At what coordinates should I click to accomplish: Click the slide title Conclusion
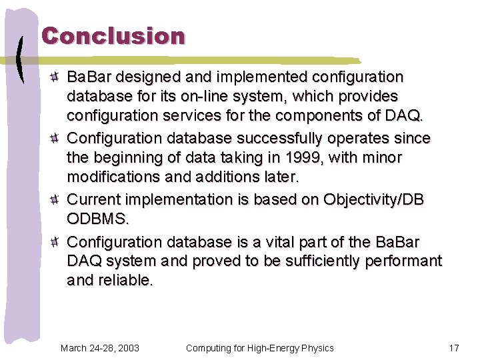(x=113, y=36)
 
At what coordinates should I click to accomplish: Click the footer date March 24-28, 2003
(x=99, y=347)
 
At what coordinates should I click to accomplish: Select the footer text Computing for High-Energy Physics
(x=259, y=347)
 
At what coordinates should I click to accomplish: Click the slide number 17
(x=454, y=347)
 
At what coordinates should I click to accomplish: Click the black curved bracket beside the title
(x=22, y=59)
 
